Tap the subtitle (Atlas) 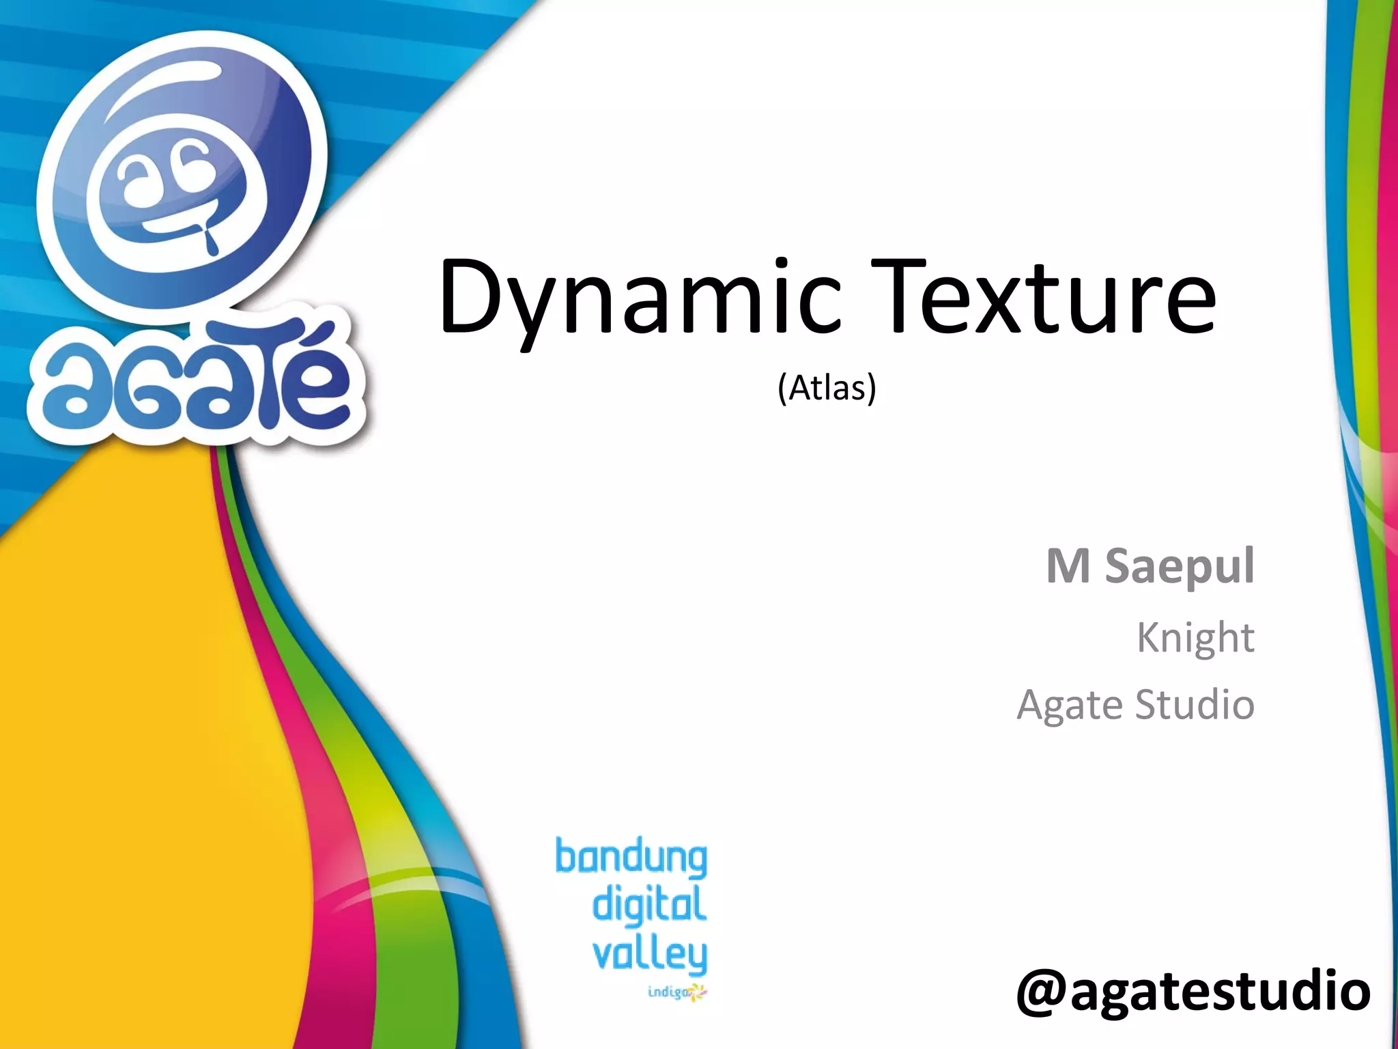tap(827, 388)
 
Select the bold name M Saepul tap(1150, 566)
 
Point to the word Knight tap(1195, 638)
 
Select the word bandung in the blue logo tap(631, 858)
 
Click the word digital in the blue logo tap(649, 904)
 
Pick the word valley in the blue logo tap(649, 955)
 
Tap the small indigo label tap(668, 992)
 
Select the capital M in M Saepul tap(1068, 566)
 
